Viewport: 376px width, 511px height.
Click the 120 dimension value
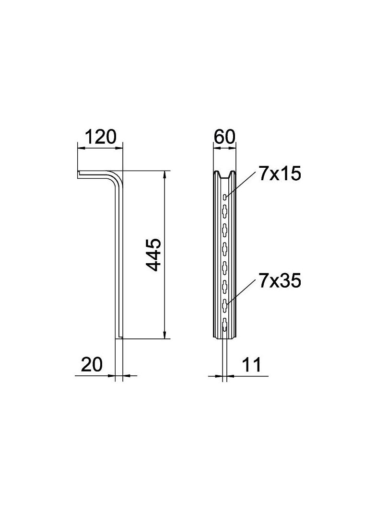point(100,137)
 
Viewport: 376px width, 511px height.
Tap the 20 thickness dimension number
point(92,365)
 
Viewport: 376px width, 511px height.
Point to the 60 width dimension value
point(224,137)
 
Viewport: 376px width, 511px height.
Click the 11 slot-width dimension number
point(251,365)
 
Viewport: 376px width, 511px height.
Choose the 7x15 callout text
point(280,174)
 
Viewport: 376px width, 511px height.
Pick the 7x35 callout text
point(280,281)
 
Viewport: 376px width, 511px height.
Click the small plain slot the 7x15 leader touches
point(225,197)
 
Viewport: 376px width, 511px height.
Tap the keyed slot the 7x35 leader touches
point(225,302)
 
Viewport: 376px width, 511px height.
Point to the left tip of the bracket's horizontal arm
point(79,175)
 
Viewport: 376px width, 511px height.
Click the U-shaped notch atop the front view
point(225,175)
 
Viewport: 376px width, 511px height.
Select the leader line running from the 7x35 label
point(241,290)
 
